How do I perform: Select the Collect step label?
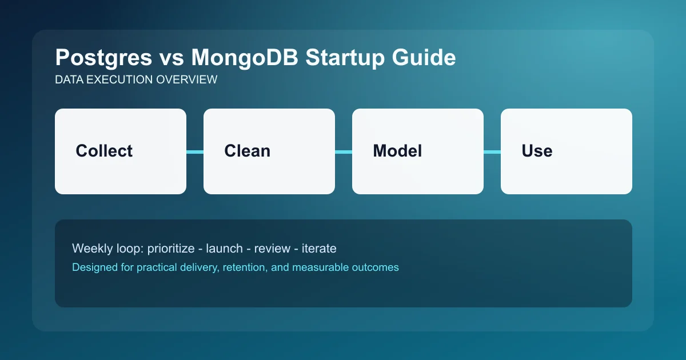(x=104, y=151)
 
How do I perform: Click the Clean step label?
(x=247, y=151)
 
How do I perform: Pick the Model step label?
(x=397, y=151)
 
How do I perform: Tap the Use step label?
(x=537, y=151)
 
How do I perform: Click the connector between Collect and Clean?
(x=195, y=151)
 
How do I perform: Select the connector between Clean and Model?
(x=344, y=151)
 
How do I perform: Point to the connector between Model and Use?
(x=492, y=151)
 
